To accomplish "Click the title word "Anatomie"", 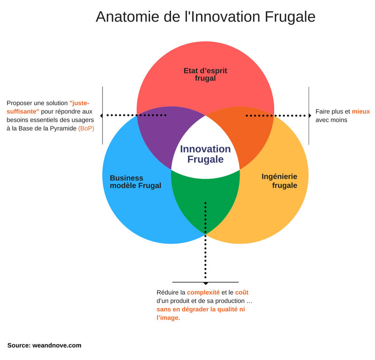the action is coord(127,16).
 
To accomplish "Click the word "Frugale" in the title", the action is coord(290,17).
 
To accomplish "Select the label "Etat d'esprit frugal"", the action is coord(205,75).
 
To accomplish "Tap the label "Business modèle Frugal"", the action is coord(135,182).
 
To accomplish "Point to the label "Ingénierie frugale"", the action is coord(279,181).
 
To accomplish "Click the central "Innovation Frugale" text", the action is coord(205,154).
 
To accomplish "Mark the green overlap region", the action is coord(205,199).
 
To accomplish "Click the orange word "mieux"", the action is coord(360,112).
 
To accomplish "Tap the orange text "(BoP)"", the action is coord(86,128).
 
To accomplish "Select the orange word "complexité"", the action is coord(203,292).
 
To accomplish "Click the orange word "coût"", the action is coord(242,292).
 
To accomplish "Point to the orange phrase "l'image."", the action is coord(168,318).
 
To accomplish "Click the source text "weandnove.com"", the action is coord(57,345).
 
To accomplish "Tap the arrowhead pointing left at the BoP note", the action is coord(101,115).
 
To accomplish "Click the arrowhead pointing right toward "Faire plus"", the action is coord(310,115).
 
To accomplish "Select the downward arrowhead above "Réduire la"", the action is coord(205,284).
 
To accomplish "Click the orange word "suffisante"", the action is coord(22,112).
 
